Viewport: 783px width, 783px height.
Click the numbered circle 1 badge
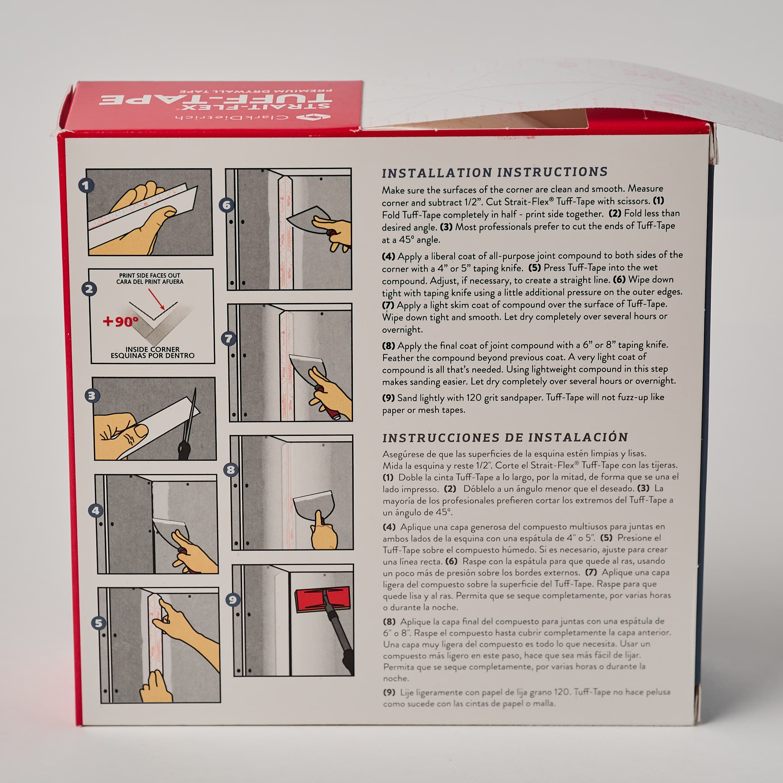[x=86, y=185]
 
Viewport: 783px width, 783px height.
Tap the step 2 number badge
[x=89, y=289]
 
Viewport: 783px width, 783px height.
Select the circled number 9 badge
[x=232, y=600]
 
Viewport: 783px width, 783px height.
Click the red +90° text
[x=120, y=322]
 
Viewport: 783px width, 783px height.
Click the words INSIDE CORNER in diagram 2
[x=153, y=349]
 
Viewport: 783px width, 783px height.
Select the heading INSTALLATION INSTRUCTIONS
[x=494, y=172]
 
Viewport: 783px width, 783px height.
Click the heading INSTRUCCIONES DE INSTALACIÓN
[x=505, y=437]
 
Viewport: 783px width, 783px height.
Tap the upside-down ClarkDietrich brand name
[x=232, y=117]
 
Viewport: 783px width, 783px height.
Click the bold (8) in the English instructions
[x=388, y=346]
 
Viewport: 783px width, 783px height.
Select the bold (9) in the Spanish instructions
[x=389, y=693]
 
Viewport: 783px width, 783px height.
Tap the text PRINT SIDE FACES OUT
[x=149, y=276]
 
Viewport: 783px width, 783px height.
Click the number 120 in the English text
[x=474, y=398]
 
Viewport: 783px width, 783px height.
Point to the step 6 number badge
[x=227, y=205]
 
